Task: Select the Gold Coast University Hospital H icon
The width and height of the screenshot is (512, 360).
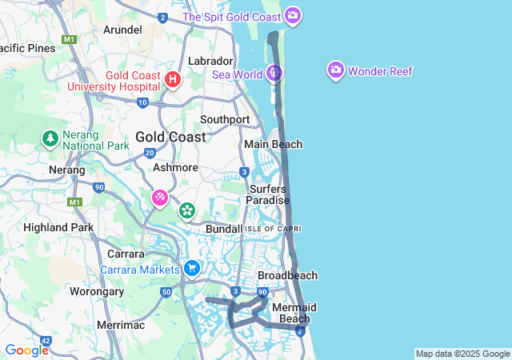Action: click(174, 79)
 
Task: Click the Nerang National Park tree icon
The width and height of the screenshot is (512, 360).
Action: click(50, 138)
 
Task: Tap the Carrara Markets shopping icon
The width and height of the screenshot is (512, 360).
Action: click(191, 269)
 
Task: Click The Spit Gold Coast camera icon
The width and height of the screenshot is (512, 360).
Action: click(293, 15)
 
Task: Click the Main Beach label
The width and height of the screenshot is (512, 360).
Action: click(274, 144)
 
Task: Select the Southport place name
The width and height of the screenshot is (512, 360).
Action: click(225, 119)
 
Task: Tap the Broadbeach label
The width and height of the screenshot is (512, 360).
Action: click(287, 275)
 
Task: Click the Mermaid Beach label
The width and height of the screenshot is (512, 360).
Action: click(294, 313)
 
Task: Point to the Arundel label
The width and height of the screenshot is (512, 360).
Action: click(123, 30)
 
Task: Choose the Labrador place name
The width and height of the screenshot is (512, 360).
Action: click(210, 61)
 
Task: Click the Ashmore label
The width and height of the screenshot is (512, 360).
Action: click(175, 168)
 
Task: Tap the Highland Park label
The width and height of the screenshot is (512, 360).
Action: click(58, 227)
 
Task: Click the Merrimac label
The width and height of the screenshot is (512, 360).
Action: click(119, 325)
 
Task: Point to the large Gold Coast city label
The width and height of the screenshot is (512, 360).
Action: click(170, 137)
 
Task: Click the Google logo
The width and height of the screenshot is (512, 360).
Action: click(26, 350)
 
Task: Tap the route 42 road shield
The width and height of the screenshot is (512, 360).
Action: click(45, 342)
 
